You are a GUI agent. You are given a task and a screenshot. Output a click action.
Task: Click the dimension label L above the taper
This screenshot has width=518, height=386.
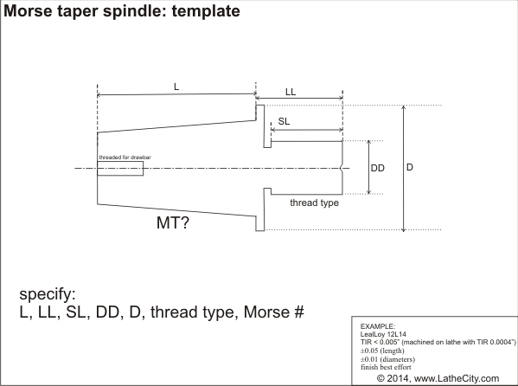click(176, 87)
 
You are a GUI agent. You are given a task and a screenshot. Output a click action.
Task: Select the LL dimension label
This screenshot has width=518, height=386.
click(291, 92)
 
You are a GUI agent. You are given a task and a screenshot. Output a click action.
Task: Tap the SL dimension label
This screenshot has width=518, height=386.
click(284, 121)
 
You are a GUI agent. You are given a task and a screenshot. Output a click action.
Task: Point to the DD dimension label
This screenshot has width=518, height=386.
click(378, 168)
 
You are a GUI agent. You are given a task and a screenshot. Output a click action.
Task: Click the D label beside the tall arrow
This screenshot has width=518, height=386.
click(410, 167)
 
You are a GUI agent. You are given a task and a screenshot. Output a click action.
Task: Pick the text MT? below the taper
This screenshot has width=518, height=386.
click(173, 222)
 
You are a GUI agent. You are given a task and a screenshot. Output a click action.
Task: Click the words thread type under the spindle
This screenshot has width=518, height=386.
click(314, 203)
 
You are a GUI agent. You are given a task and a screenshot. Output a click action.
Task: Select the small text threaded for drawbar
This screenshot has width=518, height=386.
click(125, 158)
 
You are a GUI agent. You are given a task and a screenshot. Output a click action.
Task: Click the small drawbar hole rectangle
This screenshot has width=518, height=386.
click(120, 169)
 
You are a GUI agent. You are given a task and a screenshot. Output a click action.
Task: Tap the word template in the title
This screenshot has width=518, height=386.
click(206, 11)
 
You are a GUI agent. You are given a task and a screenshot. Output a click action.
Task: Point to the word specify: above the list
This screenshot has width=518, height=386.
click(48, 294)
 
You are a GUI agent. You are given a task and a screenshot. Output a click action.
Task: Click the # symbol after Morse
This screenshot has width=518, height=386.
click(299, 312)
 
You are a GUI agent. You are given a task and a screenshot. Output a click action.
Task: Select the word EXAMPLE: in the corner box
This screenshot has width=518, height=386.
click(378, 326)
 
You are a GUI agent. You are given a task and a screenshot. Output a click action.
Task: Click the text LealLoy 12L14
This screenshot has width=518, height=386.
click(383, 334)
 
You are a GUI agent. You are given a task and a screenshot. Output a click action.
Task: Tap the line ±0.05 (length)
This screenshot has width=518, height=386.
click(382, 351)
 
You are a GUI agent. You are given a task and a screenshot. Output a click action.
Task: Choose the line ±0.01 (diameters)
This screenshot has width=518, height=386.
click(387, 359)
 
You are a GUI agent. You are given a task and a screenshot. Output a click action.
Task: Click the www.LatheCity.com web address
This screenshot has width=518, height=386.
click(457, 378)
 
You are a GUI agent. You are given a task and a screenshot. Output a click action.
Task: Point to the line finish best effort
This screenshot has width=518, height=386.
click(386, 367)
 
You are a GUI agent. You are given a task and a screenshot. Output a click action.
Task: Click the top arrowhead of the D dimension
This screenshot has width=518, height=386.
click(403, 107)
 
